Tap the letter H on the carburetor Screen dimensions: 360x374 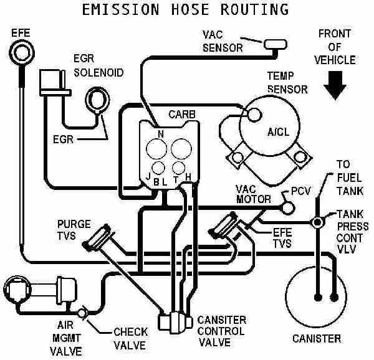click(x=188, y=178)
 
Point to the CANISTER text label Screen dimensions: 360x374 click(x=317, y=339)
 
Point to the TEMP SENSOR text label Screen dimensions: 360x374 click(x=287, y=82)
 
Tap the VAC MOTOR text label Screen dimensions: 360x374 click(x=254, y=194)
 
